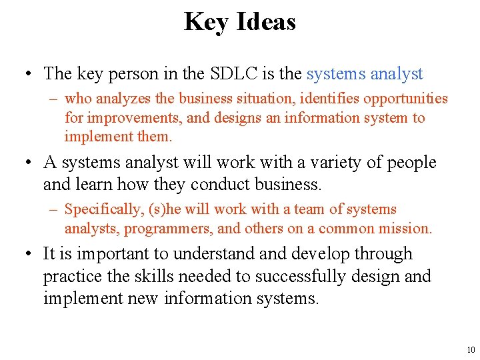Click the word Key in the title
coord(205,22)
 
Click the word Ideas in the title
coord(265,22)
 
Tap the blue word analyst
coord(397,73)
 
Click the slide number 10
coord(471,350)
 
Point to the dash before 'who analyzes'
coord(54,99)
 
